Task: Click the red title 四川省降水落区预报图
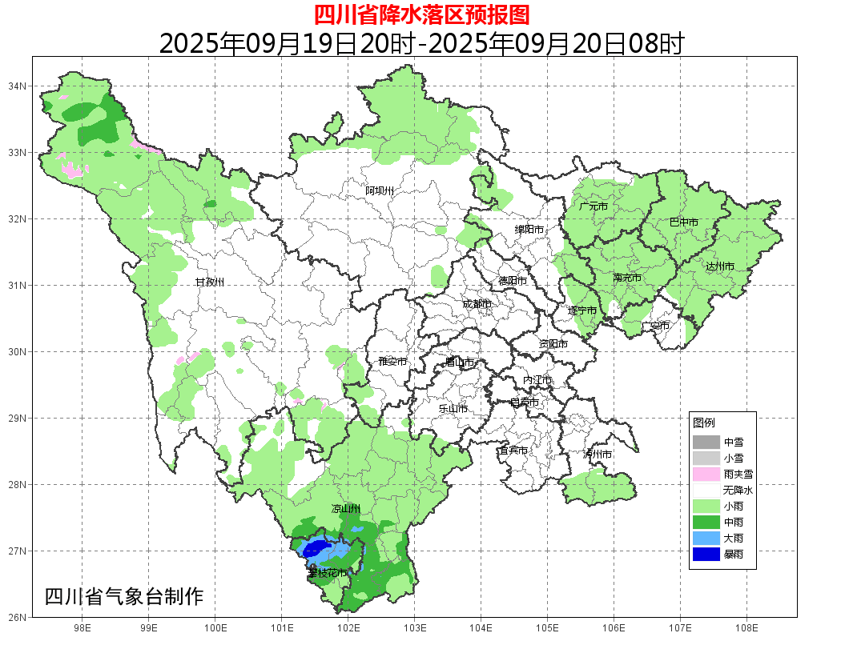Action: click(x=421, y=14)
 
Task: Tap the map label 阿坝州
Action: click(x=380, y=190)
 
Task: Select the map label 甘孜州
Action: click(x=210, y=282)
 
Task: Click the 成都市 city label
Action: click(x=477, y=304)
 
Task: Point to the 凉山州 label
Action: click(x=346, y=509)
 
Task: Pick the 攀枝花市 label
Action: click(x=328, y=573)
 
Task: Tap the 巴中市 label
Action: click(x=683, y=222)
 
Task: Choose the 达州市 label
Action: click(x=720, y=266)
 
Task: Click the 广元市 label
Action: click(x=594, y=206)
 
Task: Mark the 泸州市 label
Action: click(x=598, y=454)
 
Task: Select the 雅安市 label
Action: click(x=392, y=362)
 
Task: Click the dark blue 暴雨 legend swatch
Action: click(x=706, y=554)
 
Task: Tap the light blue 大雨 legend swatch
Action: click(x=706, y=538)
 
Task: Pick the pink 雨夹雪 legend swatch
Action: click(x=706, y=474)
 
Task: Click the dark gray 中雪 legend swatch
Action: click(x=706, y=442)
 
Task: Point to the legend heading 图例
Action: click(x=704, y=423)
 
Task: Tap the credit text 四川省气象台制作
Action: click(x=124, y=597)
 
